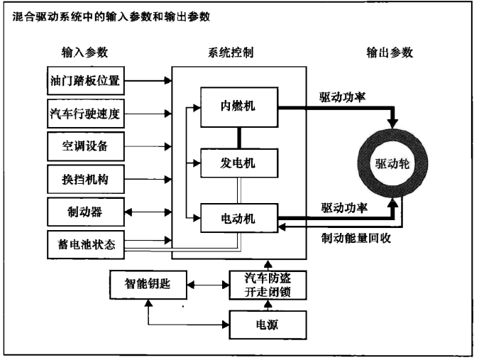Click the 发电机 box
tap(238, 163)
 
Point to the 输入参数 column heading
tap(84, 53)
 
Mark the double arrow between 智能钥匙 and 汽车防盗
tap(208, 285)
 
